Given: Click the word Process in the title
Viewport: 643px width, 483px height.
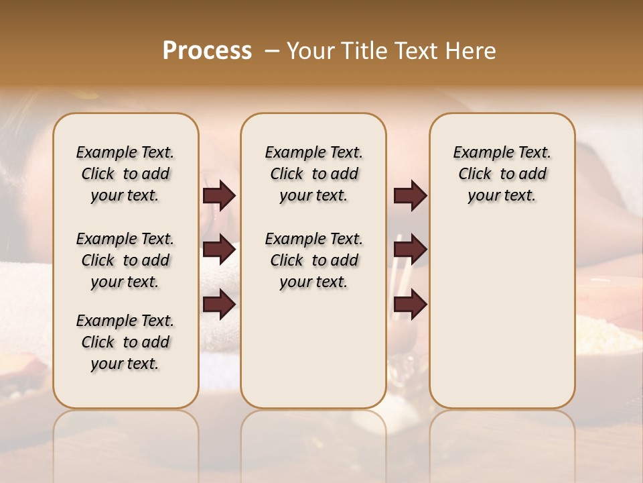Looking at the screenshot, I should pyautogui.click(x=207, y=51).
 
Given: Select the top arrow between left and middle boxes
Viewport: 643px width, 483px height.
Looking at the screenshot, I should pyautogui.click(x=219, y=196).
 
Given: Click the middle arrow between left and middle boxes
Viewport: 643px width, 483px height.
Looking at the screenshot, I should pyautogui.click(x=219, y=250).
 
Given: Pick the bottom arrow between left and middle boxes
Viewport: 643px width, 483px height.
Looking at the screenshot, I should pyautogui.click(x=219, y=304).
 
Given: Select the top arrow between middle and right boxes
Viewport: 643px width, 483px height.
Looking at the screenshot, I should pyautogui.click(x=410, y=196).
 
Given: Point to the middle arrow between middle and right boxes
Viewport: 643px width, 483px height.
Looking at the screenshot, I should pyautogui.click(x=410, y=250).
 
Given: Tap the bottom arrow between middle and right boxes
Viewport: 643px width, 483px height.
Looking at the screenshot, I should pyautogui.click(x=410, y=304).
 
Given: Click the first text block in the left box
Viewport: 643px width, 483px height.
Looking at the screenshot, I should pyautogui.click(x=125, y=174).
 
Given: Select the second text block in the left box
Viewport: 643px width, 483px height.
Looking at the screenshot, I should pyautogui.click(x=125, y=260).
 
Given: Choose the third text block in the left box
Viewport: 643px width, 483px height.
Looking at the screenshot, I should pyautogui.click(x=125, y=342).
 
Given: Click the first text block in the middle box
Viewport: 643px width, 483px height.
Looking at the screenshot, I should pyautogui.click(x=313, y=174).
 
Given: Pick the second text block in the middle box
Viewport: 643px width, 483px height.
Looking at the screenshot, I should pyautogui.click(x=313, y=260).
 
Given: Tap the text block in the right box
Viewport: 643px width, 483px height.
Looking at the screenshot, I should pyautogui.click(x=502, y=174).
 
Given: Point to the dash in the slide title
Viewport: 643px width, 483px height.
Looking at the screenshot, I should pyautogui.click(x=272, y=51).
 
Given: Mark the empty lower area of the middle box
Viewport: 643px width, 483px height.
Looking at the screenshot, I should pyautogui.click(x=313, y=349).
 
